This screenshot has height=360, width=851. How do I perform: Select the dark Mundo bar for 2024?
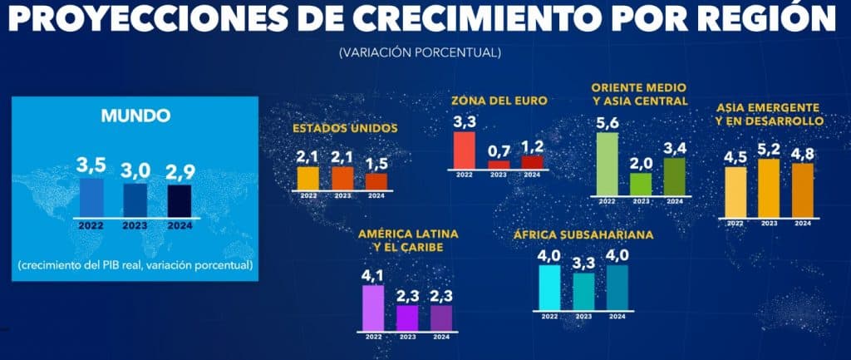(x=180, y=200)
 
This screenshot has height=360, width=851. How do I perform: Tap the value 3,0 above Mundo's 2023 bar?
(x=136, y=170)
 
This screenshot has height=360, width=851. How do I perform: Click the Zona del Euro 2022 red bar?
(x=464, y=150)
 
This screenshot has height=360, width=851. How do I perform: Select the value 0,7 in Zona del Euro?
(x=499, y=150)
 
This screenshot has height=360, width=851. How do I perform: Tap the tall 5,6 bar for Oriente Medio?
(x=608, y=164)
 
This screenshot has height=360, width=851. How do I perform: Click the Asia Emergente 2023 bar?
(x=770, y=187)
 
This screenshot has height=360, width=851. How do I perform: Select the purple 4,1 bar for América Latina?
(x=374, y=307)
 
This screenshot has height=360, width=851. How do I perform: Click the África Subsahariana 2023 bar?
(x=584, y=291)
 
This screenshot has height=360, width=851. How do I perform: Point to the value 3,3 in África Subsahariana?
(x=584, y=264)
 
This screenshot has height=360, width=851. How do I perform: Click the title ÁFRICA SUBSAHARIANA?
(x=583, y=235)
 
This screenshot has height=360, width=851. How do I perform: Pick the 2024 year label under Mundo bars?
(x=180, y=224)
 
